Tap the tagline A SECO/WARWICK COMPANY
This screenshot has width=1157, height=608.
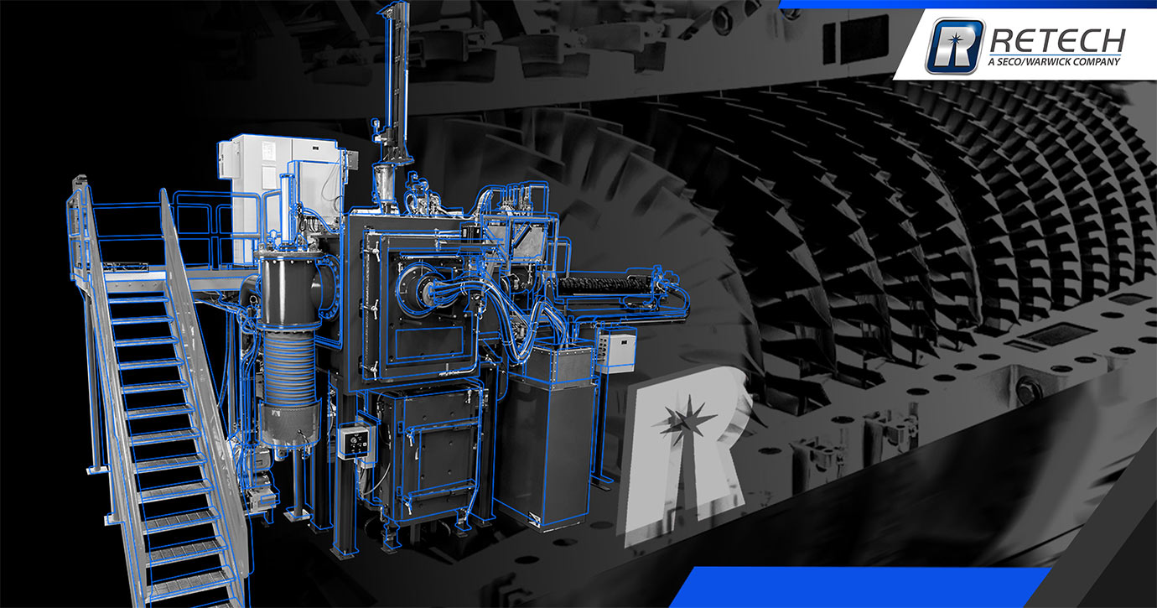[x=1055, y=61]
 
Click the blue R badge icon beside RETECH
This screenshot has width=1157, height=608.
[x=955, y=46]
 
